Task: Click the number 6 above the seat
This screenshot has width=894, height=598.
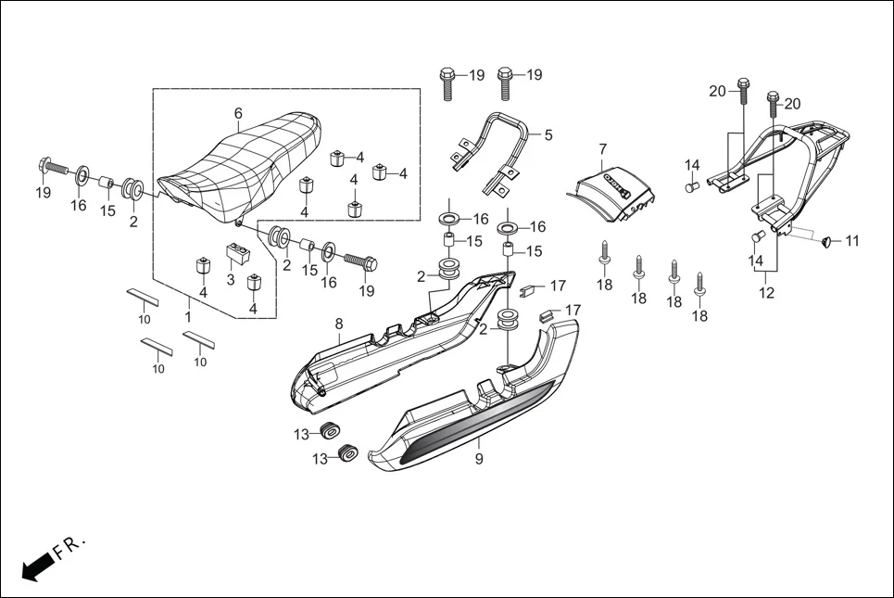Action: pyautogui.click(x=238, y=113)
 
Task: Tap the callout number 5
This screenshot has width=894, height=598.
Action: pyautogui.click(x=548, y=135)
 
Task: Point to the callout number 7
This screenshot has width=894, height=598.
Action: pyautogui.click(x=602, y=148)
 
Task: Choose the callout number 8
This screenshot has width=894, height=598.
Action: pyautogui.click(x=339, y=324)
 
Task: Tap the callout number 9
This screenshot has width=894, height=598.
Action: pyautogui.click(x=479, y=457)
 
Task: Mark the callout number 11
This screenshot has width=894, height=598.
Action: pyautogui.click(x=852, y=241)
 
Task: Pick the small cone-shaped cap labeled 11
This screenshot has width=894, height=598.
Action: pyautogui.click(x=824, y=243)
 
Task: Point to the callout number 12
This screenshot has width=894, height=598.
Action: pyautogui.click(x=765, y=294)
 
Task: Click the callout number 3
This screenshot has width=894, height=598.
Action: pyautogui.click(x=231, y=279)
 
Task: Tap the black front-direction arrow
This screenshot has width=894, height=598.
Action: pyautogui.click(x=35, y=566)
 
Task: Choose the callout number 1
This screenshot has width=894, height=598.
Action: pyautogui.click(x=189, y=316)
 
